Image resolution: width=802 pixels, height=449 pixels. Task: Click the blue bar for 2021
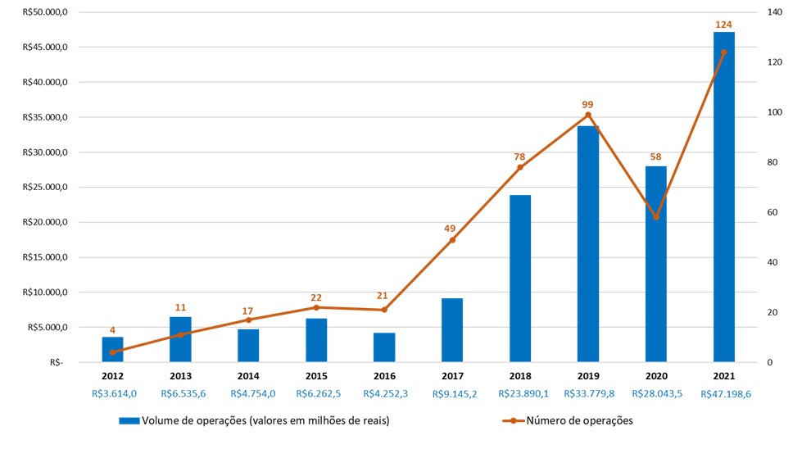(x=723, y=197)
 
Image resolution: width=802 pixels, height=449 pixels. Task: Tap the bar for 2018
(x=520, y=279)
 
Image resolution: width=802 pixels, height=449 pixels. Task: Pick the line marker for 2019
(x=587, y=115)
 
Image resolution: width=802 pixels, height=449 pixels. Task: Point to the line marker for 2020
(x=655, y=217)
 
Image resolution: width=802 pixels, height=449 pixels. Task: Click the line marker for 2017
(x=452, y=239)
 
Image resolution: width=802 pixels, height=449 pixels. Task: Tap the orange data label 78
(x=519, y=156)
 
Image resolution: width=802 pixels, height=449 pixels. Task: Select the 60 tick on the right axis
(x=773, y=212)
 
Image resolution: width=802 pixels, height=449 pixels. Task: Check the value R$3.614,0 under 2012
(x=114, y=394)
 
